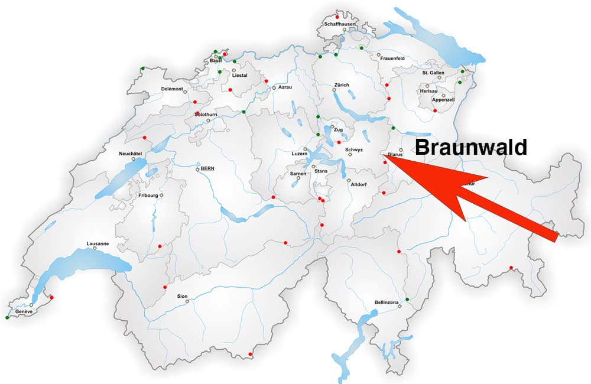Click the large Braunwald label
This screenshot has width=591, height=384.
point(470,147)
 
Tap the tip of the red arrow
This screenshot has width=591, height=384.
point(385,155)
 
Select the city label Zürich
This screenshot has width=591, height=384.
point(342,84)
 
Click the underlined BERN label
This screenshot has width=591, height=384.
point(207,168)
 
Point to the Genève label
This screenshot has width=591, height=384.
point(24,311)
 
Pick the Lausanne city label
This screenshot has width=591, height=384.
point(98,243)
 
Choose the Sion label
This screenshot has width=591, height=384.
point(182,295)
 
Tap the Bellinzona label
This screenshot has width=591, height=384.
point(387,302)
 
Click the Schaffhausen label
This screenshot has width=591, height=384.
point(339,24)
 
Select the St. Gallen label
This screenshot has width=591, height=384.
point(433,73)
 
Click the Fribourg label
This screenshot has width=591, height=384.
point(148,195)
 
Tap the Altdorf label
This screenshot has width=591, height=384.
point(359,184)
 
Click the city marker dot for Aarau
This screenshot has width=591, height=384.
point(274,88)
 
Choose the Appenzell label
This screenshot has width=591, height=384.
point(443,100)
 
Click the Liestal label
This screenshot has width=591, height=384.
point(240,76)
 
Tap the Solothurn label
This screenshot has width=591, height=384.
point(206,115)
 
